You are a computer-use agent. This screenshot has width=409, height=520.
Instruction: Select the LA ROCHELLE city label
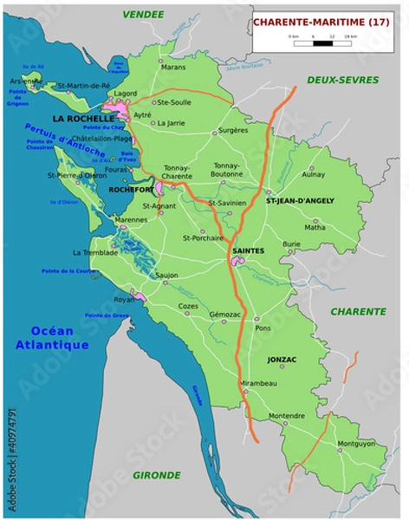coord(82,118)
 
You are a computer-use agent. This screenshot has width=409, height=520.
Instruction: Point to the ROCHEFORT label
coord(130,188)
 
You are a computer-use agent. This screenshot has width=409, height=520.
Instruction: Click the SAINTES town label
coord(248,250)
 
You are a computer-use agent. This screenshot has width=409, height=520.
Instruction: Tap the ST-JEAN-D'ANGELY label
coord(300,200)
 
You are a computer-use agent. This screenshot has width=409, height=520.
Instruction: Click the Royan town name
coord(124,299)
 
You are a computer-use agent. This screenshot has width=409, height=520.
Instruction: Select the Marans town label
coord(173,67)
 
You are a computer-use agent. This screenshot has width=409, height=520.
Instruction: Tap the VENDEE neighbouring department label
coord(143,15)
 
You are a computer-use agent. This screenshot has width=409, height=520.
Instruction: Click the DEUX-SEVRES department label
coord(342,80)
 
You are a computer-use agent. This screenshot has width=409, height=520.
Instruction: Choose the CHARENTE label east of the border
coord(358,311)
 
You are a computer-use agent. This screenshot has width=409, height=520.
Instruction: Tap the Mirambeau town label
coord(259,382)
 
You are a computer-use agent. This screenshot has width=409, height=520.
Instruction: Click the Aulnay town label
coord(313,174)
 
